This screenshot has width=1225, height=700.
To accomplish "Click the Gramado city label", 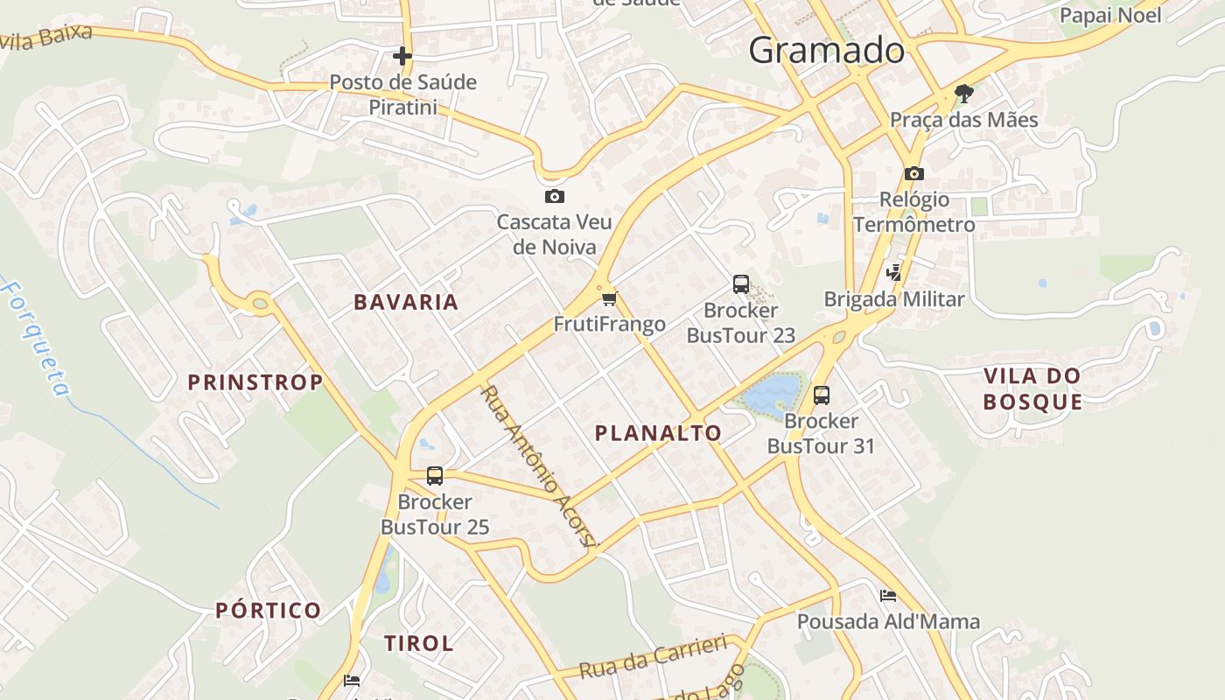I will coord(826,50).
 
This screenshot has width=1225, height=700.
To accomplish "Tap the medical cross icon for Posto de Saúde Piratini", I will coord(402,57).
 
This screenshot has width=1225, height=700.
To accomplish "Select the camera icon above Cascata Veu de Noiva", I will coord(554,196).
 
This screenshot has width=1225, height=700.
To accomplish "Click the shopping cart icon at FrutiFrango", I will coord(610,298).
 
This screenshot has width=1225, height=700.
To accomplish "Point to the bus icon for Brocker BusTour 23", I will coord(741,283).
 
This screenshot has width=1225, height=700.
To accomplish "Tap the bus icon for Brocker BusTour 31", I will coord(821,395).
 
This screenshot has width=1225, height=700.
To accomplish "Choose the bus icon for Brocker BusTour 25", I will coord(435,476).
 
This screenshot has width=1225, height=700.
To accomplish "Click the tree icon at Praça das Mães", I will coord(964,93).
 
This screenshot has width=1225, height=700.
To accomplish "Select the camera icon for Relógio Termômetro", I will coord(914,173).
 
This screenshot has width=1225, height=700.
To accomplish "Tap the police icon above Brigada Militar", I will coord(893,272).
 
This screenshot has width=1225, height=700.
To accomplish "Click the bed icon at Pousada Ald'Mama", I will coord(888,596).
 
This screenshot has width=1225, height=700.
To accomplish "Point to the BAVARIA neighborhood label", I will coord(406,303).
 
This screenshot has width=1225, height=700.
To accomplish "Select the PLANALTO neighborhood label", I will coord(658,433).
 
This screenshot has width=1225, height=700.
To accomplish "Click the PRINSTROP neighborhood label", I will coord(255,382).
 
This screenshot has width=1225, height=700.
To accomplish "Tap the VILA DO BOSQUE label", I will coord(1032,389).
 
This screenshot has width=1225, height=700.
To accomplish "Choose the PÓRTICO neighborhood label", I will coord(269,611).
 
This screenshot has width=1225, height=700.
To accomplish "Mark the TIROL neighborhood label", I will coord(419,644).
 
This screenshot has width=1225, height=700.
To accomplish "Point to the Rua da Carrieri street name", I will coord(654,657).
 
